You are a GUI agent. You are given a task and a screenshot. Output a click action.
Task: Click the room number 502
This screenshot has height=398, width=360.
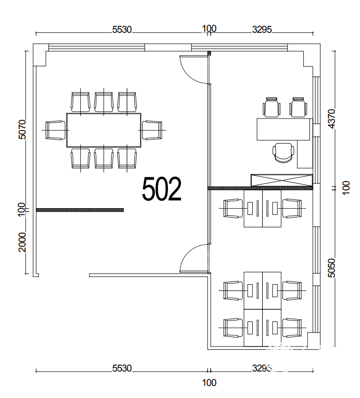tap(162, 189)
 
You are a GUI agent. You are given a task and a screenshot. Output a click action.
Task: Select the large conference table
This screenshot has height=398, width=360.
tap(103, 130)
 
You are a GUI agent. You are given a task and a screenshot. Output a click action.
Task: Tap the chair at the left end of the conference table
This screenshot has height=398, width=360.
tap(54, 130)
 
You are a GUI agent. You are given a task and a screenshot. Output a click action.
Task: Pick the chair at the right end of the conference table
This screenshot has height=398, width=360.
tap(152, 130)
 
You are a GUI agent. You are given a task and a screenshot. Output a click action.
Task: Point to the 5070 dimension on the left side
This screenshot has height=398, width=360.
tap(22, 129)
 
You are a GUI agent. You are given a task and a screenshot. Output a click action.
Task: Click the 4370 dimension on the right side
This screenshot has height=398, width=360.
tap(331, 119)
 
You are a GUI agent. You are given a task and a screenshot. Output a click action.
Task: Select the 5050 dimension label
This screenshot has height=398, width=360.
tap(331, 268)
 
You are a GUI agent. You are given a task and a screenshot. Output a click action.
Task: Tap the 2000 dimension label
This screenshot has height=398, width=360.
tap(22, 242)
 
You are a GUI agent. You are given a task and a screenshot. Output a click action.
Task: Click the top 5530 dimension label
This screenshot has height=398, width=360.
tap(122, 30)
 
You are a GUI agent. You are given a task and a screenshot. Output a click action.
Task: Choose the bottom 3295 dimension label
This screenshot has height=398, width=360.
tap(262, 368)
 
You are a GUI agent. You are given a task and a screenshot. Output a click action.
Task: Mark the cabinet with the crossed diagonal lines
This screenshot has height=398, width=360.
tap(282, 180)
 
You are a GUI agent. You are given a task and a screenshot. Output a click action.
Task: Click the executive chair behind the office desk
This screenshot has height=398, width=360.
tap(283, 153)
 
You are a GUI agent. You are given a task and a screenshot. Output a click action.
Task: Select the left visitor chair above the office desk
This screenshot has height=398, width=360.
tap(271, 107)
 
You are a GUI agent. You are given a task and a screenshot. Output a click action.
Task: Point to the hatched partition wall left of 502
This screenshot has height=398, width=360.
tap(80, 210)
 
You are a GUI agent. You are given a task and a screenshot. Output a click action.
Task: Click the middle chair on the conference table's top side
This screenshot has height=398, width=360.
tap(103, 102)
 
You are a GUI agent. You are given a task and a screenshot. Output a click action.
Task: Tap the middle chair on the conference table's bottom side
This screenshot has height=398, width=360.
tap(103, 159)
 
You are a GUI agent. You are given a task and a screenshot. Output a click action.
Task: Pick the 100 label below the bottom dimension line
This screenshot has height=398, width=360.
tap(209, 383)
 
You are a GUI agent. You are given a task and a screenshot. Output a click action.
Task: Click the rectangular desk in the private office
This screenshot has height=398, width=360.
tap(283, 129)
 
